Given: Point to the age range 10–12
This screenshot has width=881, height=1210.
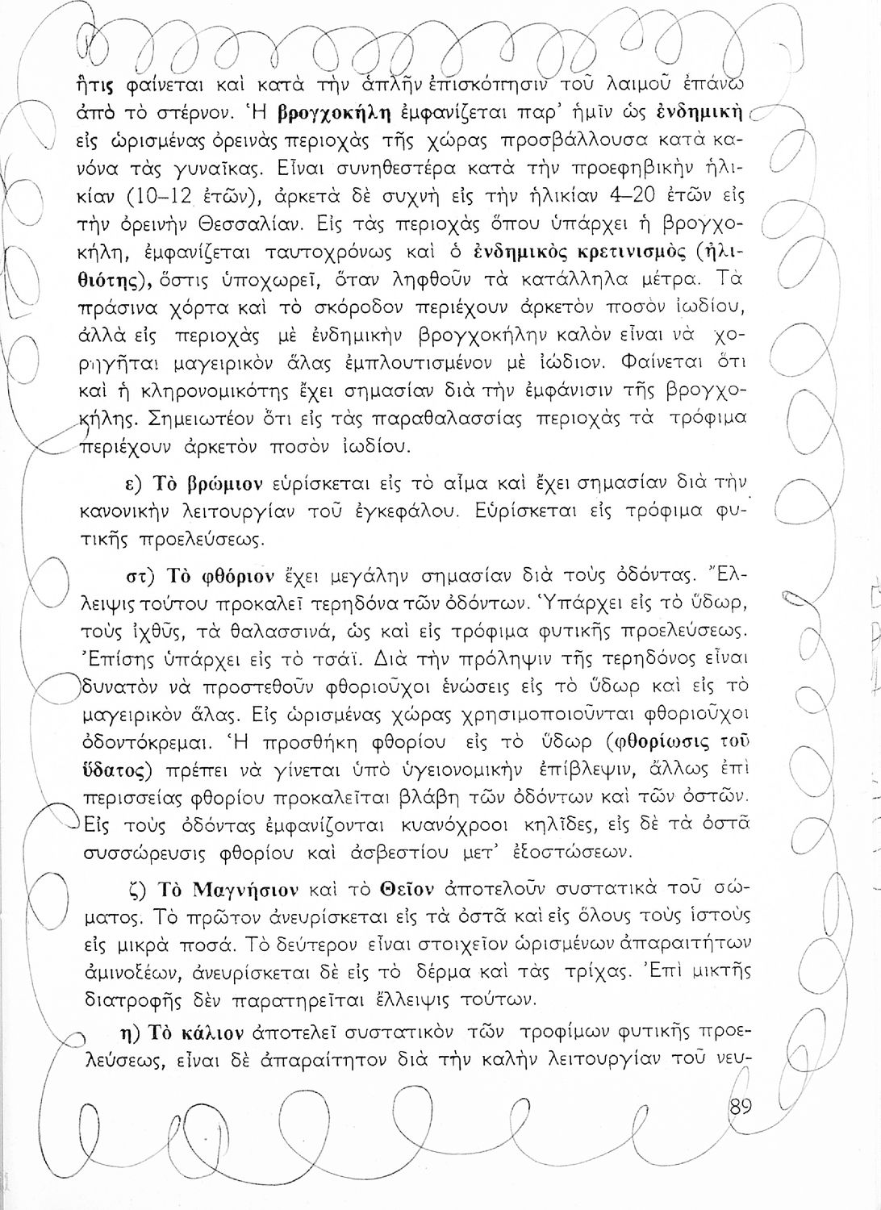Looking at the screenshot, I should pos(169,195).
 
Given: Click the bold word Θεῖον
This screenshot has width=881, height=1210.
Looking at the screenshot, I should pos(407,890).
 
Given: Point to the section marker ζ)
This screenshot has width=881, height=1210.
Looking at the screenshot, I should pos(136,890).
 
